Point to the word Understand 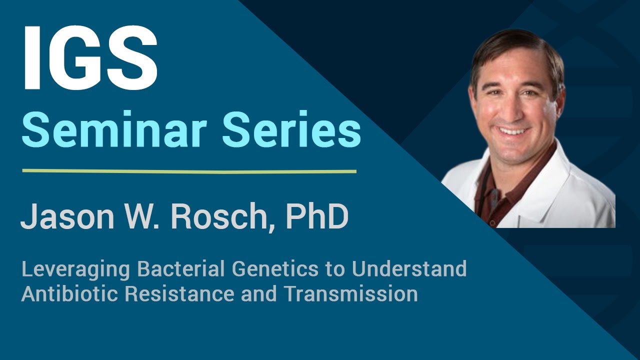(x=409, y=269)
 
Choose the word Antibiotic (x=70, y=294)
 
